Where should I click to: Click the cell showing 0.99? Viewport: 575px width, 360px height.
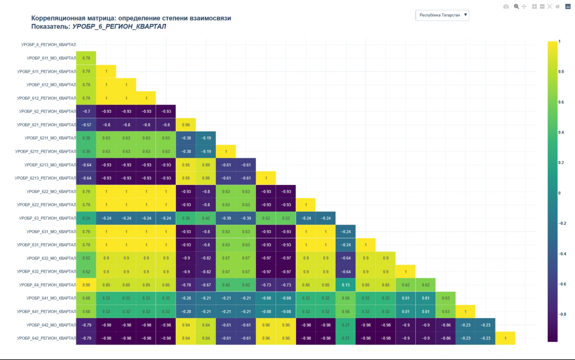[x=86, y=285]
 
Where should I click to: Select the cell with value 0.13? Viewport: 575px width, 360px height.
[x=346, y=285]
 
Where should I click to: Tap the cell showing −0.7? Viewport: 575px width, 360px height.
[x=86, y=111]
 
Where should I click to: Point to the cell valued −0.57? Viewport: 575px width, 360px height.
[x=86, y=125]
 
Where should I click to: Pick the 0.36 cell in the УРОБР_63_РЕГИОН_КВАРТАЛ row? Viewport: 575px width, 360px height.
[x=186, y=218]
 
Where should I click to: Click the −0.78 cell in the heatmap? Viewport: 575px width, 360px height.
[x=186, y=285]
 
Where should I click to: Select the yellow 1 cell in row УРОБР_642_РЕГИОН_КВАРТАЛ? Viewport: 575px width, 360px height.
[x=505, y=338]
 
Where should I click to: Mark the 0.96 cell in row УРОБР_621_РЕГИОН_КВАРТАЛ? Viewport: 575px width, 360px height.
[x=186, y=125]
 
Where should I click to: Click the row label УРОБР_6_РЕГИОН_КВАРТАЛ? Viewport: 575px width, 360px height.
[x=49, y=45]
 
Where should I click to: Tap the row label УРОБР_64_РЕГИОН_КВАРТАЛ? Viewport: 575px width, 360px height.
[x=48, y=285]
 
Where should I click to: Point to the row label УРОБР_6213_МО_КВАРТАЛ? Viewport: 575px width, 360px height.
[x=50, y=165]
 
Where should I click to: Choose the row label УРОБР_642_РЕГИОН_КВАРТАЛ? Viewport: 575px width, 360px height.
[x=46, y=338]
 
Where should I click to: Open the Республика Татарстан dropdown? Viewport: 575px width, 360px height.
[x=442, y=15]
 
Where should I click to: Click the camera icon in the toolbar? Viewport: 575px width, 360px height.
[x=506, y=7]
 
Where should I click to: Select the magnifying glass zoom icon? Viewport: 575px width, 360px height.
[x=516, y=7]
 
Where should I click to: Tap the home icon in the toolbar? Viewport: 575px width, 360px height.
[x=558, y=7]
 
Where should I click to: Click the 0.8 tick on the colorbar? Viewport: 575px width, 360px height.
[x=561, y=72]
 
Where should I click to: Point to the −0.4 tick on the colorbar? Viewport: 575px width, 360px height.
[x=562, y=254]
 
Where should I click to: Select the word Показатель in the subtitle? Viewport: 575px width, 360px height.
[x=50, y=27]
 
